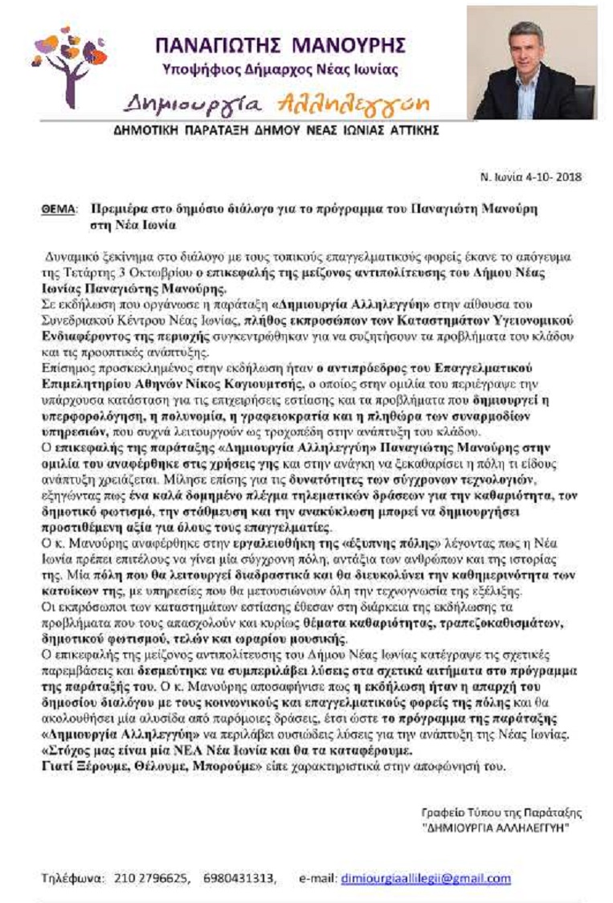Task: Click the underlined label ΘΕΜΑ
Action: [x=57, y=208]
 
